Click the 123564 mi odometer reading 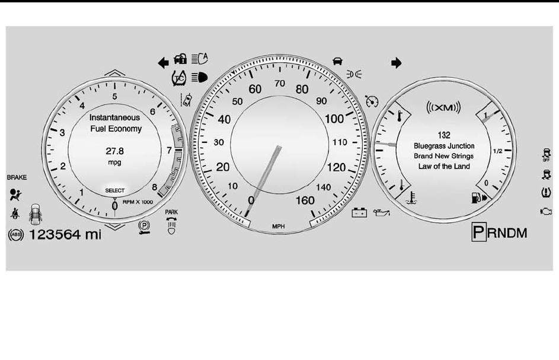coord(65,234)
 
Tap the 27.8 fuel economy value coord(115,151)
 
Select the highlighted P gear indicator coord(478,232)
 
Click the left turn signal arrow coord(162,60)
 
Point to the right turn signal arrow coord(397,62)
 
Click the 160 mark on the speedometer coord(305,200)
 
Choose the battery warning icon coord(359,212)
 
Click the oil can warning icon coord(380,212)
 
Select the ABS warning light coord(15,234)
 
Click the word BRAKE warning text coord(17,177)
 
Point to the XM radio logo coord(444,107)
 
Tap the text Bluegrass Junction coord(444,145)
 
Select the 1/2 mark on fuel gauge coord(498,151)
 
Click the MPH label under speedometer coord(278,226)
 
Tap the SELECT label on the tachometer coord(115,190)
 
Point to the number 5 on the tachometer coord(114,96)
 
